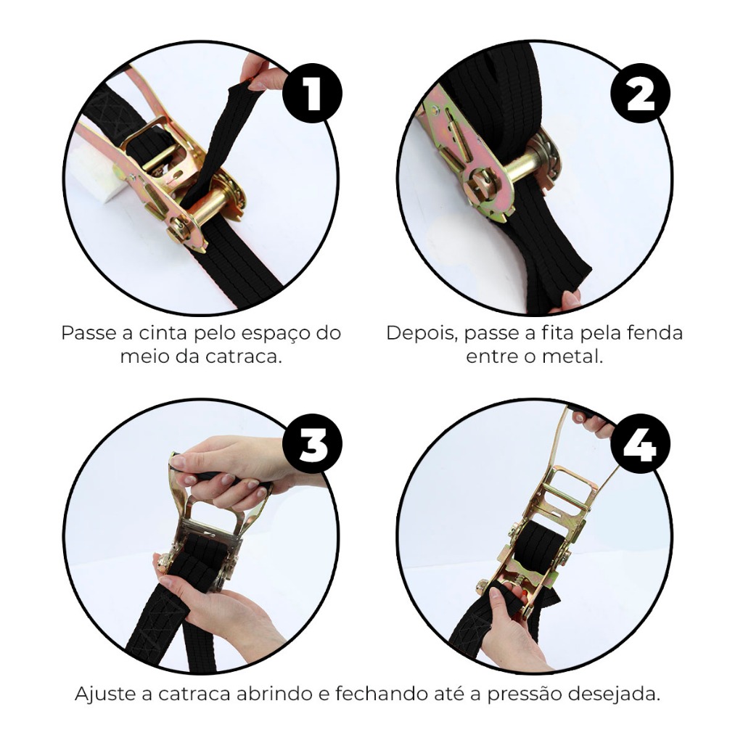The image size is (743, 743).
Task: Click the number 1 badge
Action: pos(312,94)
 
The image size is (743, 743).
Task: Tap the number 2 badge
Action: pos(640,94)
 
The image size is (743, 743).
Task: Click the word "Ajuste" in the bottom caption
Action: pos(113,694)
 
